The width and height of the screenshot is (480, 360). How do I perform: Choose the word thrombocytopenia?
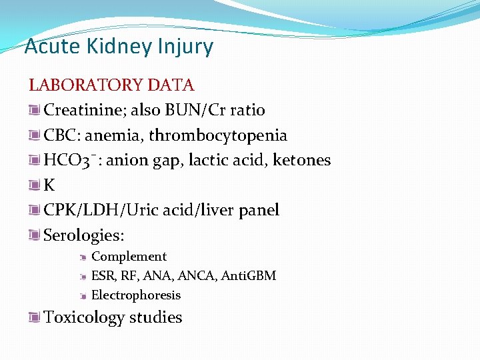click(x=218, y=135)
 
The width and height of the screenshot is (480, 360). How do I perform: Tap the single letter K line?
click(x=49, y=185)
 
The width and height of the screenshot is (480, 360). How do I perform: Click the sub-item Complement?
click(x=129, y=257)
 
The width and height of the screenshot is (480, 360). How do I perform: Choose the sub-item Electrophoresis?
click(x=135, y=295)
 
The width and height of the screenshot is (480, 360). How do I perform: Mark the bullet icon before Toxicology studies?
click(x=35, y=317)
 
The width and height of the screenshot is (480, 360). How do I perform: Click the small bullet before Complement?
click(x=83, y=257)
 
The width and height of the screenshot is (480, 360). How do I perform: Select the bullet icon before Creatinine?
click(x=35, y=110)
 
